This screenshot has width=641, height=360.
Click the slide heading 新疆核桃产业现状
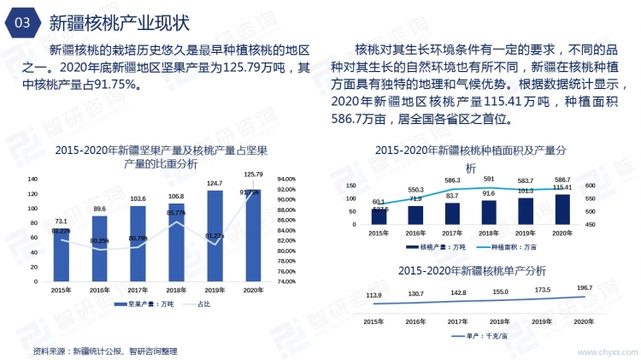pyautogui.click(x=120, y=21)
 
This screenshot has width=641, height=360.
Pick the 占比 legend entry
pyautogui.click(x=199, y=304)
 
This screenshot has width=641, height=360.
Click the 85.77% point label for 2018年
pyautogui.click(x=176, y=213)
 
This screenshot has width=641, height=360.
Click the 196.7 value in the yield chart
pyautogui.click(x=584, y=288)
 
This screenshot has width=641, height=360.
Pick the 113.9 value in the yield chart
pyautogui.click(x=373, y=296)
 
